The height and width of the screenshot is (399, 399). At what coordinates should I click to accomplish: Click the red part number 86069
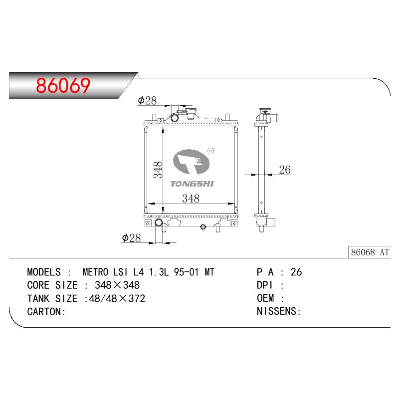[63, 85]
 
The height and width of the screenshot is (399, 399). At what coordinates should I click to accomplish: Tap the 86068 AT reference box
[369, 252]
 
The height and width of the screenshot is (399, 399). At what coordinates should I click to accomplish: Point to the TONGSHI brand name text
[192, 184]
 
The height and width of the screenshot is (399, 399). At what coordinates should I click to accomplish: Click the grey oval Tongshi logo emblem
[191, 162]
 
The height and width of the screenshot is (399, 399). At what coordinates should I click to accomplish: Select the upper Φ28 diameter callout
[147, 101]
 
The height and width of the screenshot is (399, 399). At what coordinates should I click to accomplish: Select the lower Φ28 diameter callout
[131, 238]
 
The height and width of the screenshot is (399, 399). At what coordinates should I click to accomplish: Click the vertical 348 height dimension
[158, 170]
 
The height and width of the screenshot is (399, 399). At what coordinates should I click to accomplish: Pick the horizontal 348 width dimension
[191, 199]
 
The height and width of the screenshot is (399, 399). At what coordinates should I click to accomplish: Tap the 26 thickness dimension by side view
[285, 170]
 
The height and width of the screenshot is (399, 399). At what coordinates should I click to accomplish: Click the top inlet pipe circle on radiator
[175, 118]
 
